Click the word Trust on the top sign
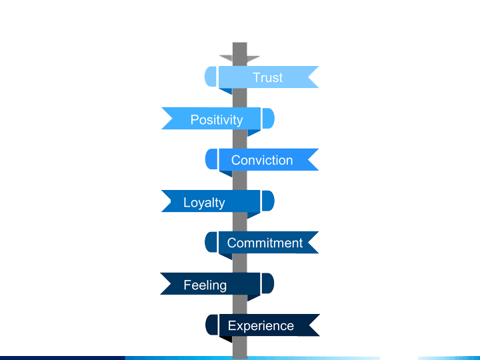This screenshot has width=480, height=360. coord(267,77)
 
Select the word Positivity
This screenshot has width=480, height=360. coord(217,120)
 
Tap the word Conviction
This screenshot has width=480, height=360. coord(262,160)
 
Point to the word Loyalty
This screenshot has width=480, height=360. coord(204,203)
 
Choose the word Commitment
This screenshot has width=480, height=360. coord(265,243)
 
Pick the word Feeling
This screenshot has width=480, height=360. coord(205,285)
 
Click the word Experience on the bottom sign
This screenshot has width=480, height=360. coord(261,325)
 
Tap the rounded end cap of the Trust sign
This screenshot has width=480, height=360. coord(210,77)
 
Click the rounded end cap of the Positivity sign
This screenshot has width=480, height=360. coord(268,119)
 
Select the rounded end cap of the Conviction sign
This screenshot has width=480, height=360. coord(211,159)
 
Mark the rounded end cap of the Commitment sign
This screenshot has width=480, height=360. coord(211,242)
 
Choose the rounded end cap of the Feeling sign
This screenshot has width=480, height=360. coord(268,283)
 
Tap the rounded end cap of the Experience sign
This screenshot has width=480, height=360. coord(211,325)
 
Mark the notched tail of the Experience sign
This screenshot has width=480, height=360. coord(313,325)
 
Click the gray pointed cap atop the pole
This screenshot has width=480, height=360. coord(239,58)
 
